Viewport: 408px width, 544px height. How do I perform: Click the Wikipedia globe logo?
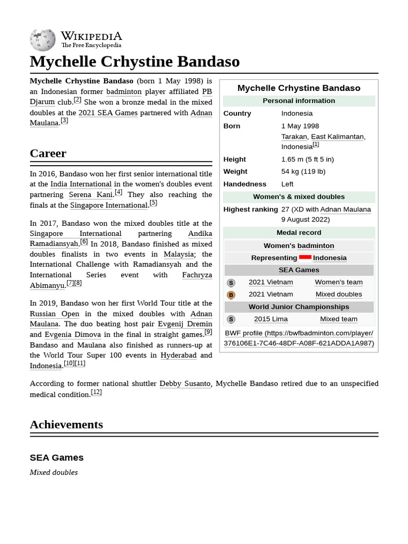click(42, 40)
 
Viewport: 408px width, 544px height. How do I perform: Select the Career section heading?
click(48, 154)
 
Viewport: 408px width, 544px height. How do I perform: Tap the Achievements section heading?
click(66, 424)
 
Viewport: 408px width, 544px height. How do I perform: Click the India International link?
click(81, 184)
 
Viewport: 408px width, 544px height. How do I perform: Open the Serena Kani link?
click(90, 195)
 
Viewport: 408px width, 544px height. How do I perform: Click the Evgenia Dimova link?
click(72, 335)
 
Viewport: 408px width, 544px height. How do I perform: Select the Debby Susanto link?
click(185, 384)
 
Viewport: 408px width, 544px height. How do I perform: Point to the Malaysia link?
click(178, 254)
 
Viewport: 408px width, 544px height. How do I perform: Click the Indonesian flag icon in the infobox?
click(305, 258)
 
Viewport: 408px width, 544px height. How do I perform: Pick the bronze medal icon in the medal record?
click(231, 295)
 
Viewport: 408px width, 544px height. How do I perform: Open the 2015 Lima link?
click(270, 319)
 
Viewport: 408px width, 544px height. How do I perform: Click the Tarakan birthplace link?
click(294, 137)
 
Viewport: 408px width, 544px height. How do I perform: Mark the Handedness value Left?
click(287, 184)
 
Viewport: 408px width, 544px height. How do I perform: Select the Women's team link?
click(338, 283)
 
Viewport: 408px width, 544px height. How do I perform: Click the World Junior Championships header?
click(299, 307)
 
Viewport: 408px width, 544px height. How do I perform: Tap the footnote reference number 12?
click(96, 393)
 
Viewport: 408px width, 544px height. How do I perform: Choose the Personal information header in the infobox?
click(299, 101)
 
